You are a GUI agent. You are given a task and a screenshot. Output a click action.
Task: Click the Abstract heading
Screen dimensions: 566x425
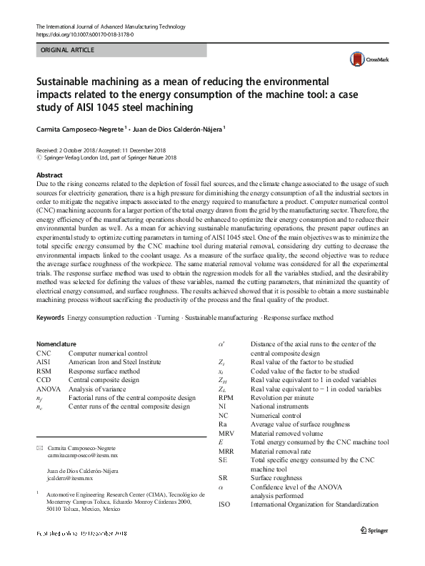pos(49,175)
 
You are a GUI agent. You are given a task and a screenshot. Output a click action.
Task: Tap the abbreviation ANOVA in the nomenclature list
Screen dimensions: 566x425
pos(48,389)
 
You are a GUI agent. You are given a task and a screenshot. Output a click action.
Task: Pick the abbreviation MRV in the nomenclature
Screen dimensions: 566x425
pos(227,433)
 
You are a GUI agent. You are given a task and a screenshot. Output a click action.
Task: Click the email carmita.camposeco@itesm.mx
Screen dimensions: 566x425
pos(82,455)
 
